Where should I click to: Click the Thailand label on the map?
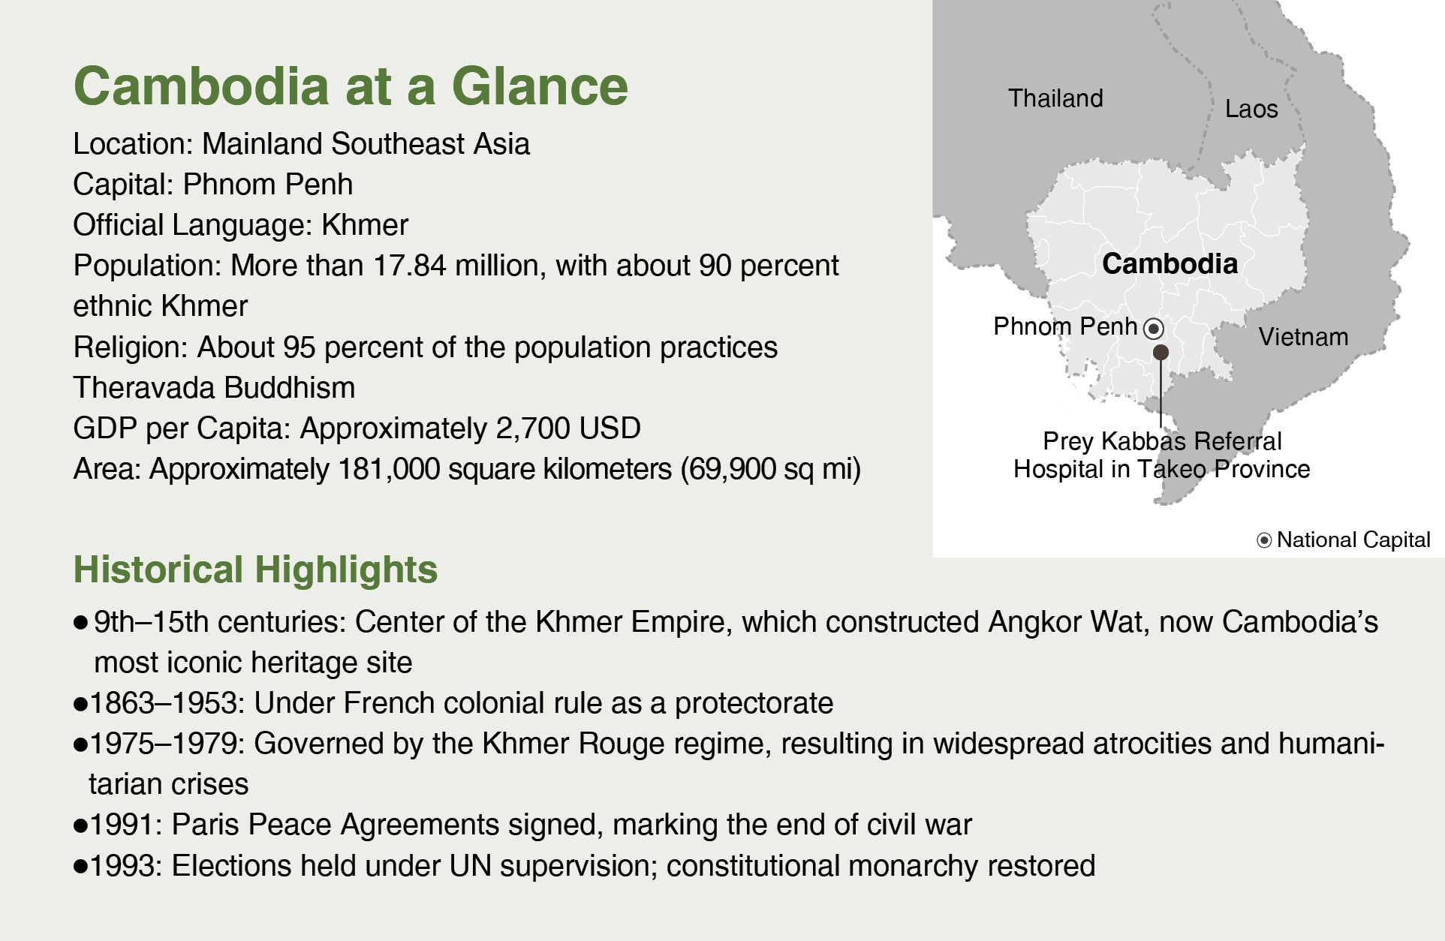pos(1055,98)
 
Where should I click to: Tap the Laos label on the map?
pos(1251,109)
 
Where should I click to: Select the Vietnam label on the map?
pos(1303,337)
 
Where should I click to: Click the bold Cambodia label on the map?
pos(1170,264)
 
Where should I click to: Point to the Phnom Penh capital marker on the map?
pos(1154,329)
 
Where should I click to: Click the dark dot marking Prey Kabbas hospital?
pos(1161,352)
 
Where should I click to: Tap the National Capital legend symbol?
pos(1264,540)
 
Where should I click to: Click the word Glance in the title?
pos(540,86)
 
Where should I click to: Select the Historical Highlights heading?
pos(255,570)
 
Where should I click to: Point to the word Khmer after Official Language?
pos(365,225)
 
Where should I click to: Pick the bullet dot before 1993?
pos(81,867)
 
